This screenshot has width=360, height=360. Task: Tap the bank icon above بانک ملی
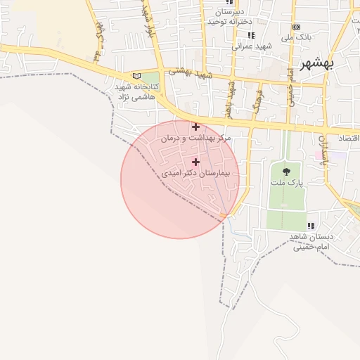(x=296, y=27)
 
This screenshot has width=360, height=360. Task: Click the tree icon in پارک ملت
(x=285, y=171)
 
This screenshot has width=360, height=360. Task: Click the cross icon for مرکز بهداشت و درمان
(x=195, y=127)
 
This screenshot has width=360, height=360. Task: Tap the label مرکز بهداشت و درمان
(x=195, y=139)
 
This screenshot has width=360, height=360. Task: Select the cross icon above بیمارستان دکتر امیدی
(x=195, y=162)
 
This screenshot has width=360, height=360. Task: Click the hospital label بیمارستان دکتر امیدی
(x=200, y=172)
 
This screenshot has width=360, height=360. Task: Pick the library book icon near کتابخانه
(x=136, y=76)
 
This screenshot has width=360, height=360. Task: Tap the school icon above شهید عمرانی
(x=251, y=35)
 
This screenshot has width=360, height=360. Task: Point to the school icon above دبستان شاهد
(x=310, y=226)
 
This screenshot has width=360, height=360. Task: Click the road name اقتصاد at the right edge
(x=349, y=138)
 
